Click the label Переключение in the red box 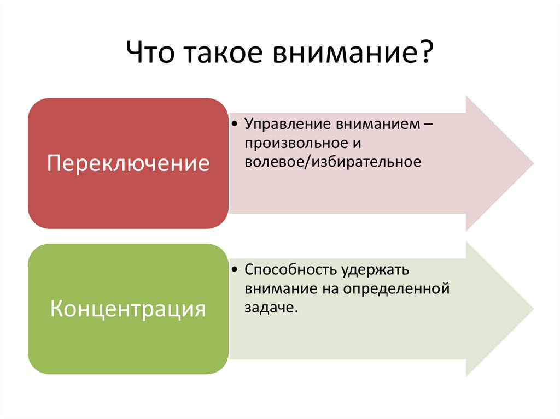(x=129, y=163)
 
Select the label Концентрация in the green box (x=129, y=309)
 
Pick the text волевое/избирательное (x=333, y=162)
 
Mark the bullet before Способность (x=234, y=270)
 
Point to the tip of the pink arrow (x=533, y=163)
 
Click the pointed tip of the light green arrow (x=533, y=309)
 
